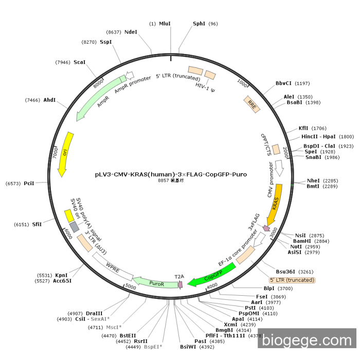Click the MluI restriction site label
pos(165,24)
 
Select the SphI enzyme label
pos(199,24)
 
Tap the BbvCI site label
pos(283,83)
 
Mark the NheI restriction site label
pos(313,181)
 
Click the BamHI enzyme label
pos(301,241)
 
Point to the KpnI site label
pos(62,276)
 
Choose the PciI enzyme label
pos(29,183)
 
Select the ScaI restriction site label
pos(79,62)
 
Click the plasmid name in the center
pos(171,174)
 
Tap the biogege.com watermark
pos(307,340)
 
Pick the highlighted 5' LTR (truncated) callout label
pos(292,280)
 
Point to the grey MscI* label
pos(113,327)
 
